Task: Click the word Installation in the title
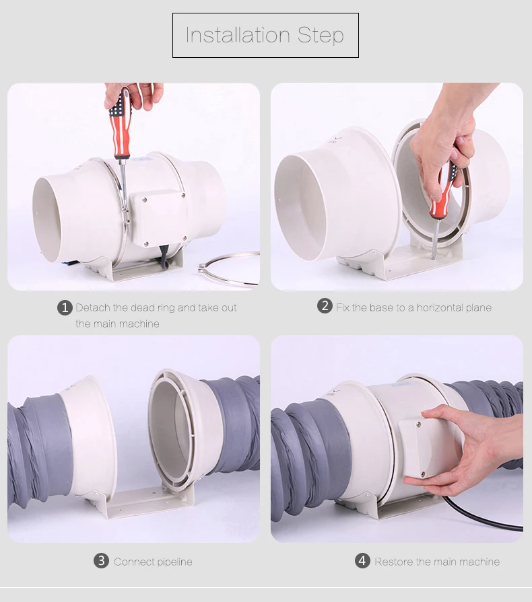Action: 238,35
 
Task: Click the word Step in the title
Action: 321,36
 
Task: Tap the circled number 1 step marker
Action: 65,308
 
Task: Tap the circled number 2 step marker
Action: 325,306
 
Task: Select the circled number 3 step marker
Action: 101,561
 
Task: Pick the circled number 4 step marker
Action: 362,561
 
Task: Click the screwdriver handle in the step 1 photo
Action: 121,123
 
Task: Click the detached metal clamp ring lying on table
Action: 229,269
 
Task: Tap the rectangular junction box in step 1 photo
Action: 158,219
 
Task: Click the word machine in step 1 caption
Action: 139,324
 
